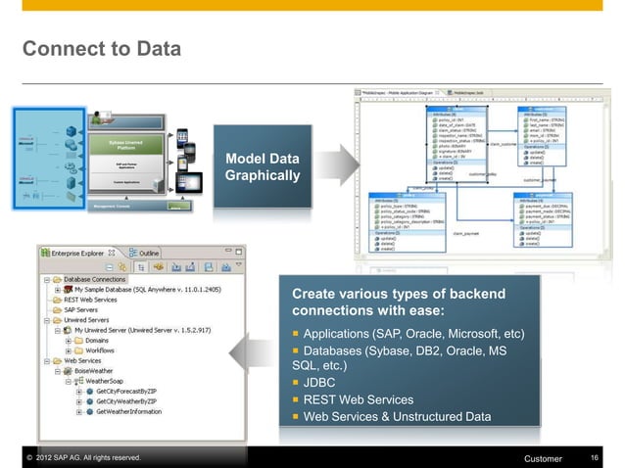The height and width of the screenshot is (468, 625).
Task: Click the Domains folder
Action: coord(96,341)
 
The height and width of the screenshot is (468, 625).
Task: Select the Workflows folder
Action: coord(100,351)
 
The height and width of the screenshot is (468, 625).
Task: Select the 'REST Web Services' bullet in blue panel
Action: coord(358,399)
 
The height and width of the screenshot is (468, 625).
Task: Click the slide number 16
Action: coord(595,458)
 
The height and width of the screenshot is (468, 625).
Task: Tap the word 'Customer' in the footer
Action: coord(544,459)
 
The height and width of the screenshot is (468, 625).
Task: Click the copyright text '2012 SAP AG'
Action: coord(78,458)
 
